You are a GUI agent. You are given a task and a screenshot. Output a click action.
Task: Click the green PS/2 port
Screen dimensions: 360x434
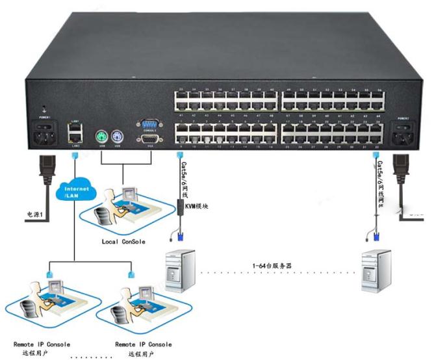(x=101, y=138)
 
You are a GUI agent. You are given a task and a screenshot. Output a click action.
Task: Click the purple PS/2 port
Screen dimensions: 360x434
(x=118, y=138)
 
